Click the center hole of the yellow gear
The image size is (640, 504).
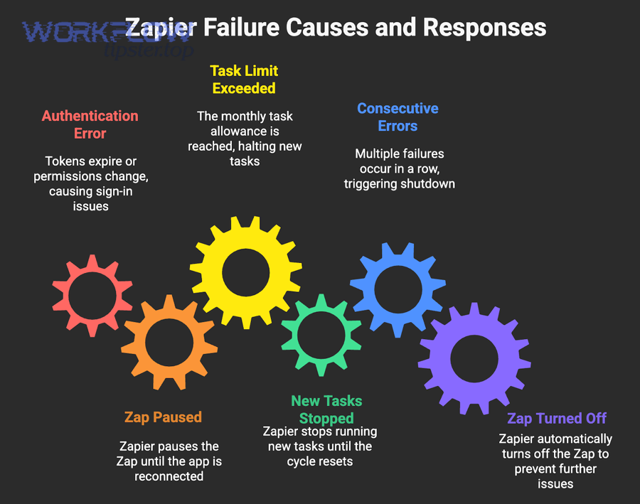(246, 272)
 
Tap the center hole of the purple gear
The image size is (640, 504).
(474, 359)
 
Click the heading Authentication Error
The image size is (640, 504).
(90, 124)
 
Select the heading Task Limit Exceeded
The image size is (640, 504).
(244, 80)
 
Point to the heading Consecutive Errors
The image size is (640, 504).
(398, 117)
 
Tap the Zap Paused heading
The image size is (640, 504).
(164, 417)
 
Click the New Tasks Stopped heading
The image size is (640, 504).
(326, 409)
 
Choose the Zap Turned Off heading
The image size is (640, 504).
(557, 418)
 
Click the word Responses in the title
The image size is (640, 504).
(484, 27)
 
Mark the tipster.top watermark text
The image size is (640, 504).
(149, 50)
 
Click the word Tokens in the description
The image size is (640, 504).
(63, 161)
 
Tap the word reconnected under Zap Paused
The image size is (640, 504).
(169, 476)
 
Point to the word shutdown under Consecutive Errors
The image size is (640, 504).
(428, 183)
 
